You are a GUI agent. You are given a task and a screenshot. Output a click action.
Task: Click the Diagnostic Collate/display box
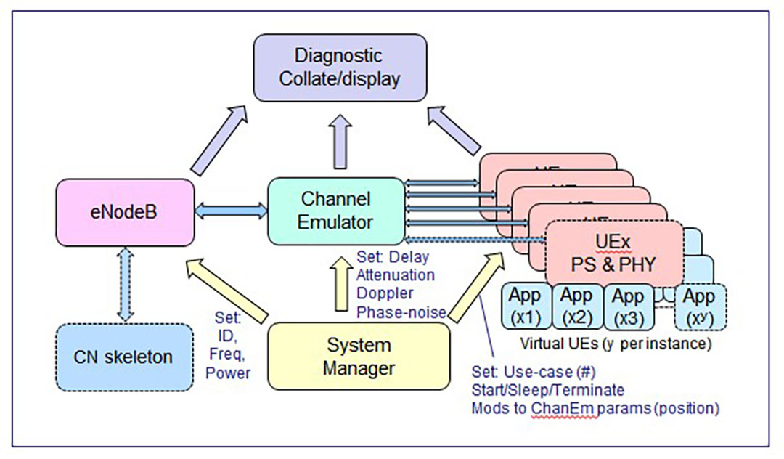tap(339, 68)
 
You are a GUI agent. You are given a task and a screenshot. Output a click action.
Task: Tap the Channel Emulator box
tap(336, 210)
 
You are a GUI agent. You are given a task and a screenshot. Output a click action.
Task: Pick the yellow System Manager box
tap(359, 356)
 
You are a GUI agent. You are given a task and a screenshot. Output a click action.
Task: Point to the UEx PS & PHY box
tap(613, 251)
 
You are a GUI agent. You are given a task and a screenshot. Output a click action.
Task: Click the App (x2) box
tap(577, 306)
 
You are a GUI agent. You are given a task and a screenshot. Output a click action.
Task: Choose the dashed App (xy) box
tap(698, 306)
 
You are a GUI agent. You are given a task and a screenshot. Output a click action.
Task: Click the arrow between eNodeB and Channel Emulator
tap(231, 211)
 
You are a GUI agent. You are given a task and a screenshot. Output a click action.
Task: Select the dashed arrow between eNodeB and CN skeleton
tap(125, 284)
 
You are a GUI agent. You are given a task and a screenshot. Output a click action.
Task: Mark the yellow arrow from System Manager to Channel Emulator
tap(339, 285)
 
